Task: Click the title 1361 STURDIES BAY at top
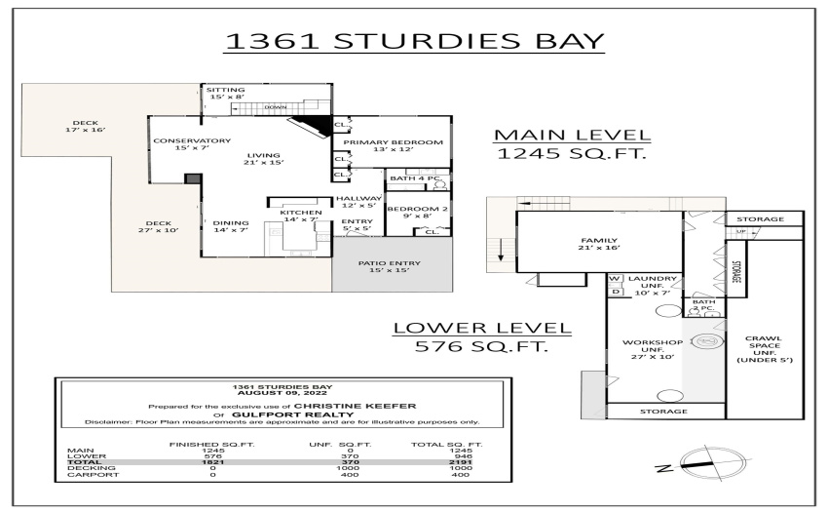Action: pos(415,41)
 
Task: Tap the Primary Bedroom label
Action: pos(393,145)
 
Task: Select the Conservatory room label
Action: pos(192,144)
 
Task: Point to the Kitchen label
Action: pos(300,216)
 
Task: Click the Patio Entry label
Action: pos(390,266)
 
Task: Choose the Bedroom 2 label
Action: pos(418,212)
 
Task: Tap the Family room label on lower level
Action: pos(599,244)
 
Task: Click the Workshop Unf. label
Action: pos(653,349)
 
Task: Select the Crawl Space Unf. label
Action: pos(764,349)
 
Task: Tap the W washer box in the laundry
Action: pos(614,279)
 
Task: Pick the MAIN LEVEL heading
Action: pos(572,136)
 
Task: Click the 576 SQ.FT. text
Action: pos(481,346)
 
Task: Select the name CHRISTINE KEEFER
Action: pos(355,407)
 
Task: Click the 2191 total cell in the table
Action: pos(461,462)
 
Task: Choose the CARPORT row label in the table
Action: pos(86,474)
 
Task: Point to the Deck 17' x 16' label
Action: pos(86,127)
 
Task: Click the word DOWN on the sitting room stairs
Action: pos(276,107)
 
